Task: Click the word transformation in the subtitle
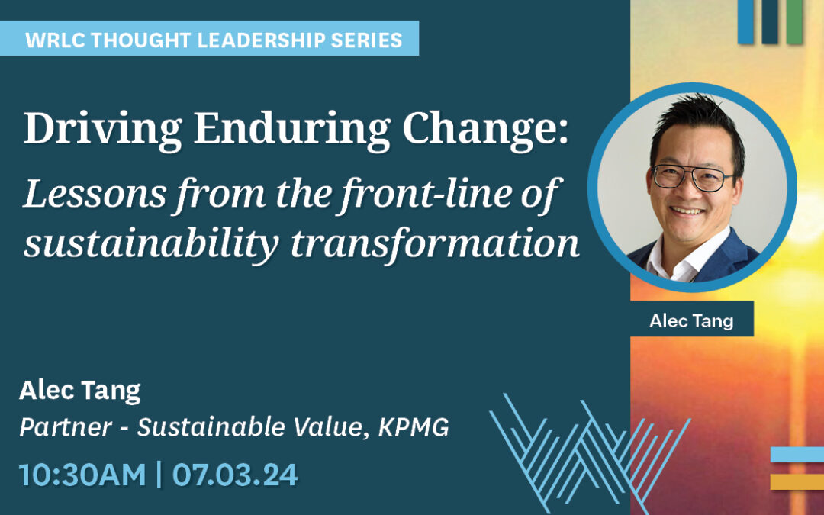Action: point(435,243)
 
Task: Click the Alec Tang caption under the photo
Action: point(691,320)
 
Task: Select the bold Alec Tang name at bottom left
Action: point(80,391)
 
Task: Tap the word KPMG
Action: point(414,427)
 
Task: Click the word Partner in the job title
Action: point(66,427)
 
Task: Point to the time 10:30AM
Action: point(82,475)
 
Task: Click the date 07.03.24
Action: point(235,475)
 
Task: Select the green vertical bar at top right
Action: point(794,21)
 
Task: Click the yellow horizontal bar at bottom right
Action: point(797,481)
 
